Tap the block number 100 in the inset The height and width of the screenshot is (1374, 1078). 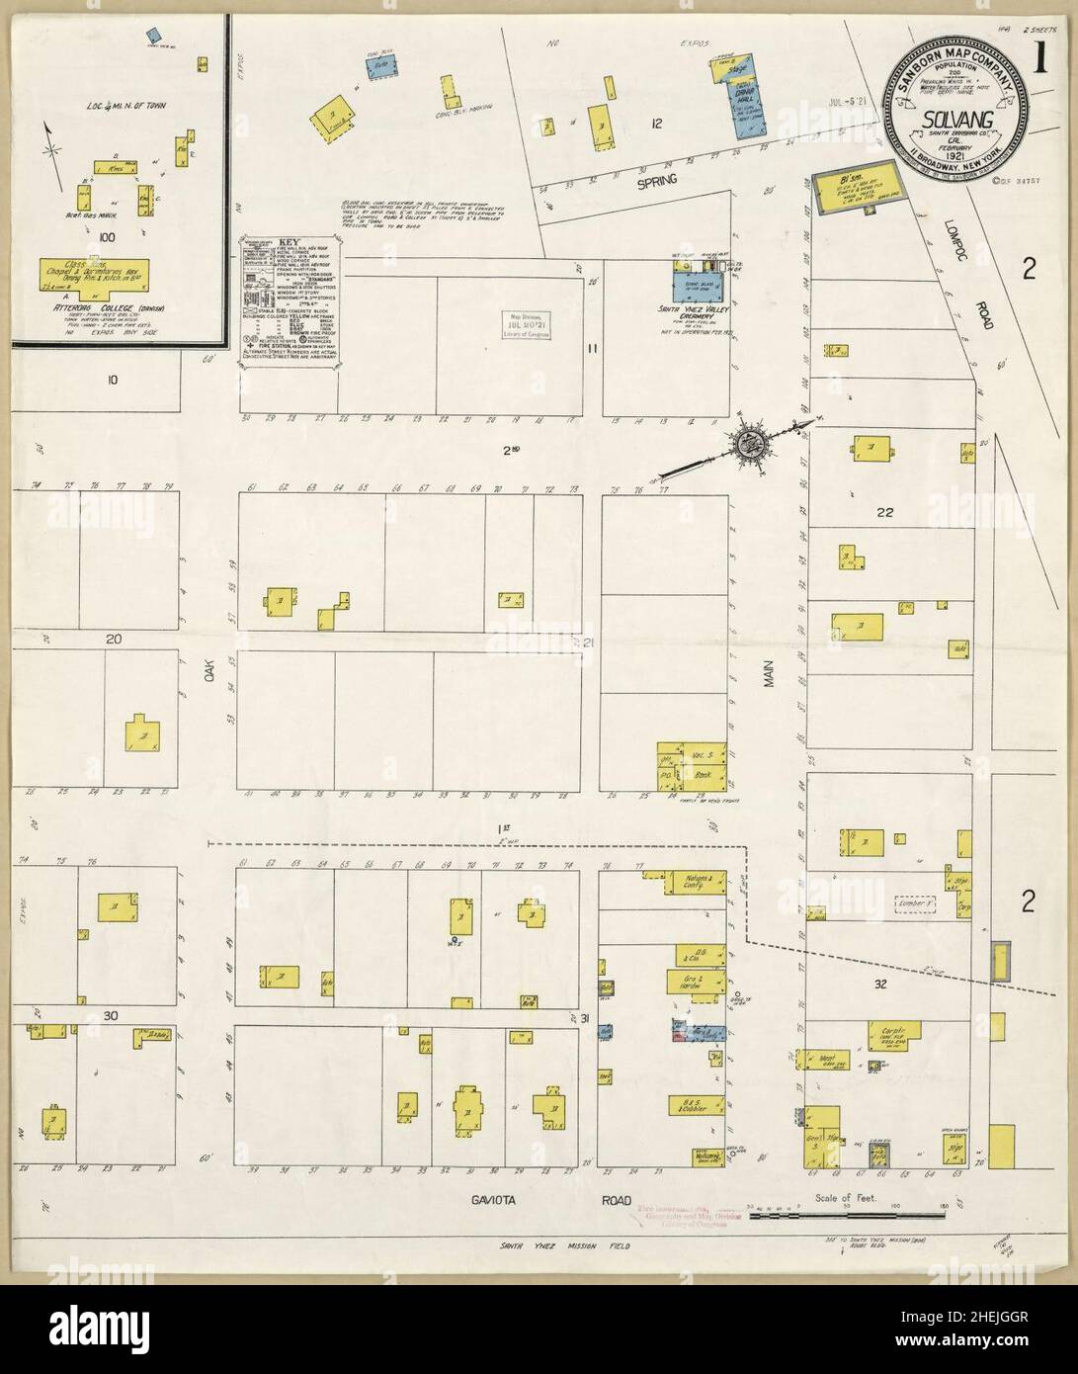pos(106,237)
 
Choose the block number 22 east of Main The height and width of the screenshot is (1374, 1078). pos(884,512)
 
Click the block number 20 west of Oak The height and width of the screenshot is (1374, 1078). pos(114,640)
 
